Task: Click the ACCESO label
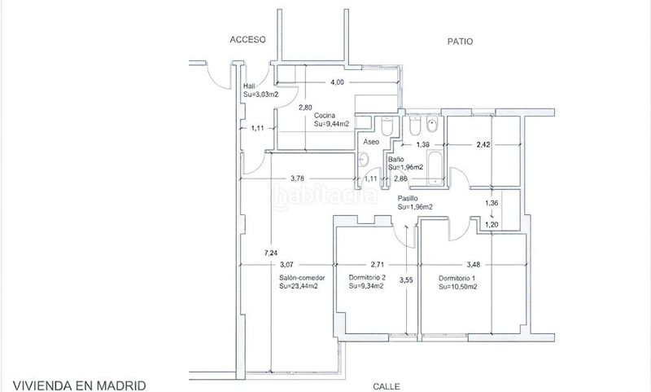(248, 39)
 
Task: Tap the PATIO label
(460, 42)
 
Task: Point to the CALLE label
(387, 386)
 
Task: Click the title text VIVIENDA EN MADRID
(79, 385)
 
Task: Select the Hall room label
(250, 86)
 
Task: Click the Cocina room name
(324, 116)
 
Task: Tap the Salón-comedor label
(302, 278)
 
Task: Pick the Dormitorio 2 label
(368, 277)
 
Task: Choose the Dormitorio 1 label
(457, 278)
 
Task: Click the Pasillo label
(408, 198)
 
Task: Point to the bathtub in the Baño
(435, 167)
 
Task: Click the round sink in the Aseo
(364, 159)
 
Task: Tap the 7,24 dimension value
(271, 253)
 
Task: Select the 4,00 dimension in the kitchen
(337, 82)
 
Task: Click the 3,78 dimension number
(297, 178)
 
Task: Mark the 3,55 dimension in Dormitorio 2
(406, 280)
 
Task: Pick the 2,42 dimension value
(483, 145)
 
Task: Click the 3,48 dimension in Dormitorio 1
(474, 264)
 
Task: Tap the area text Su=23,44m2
(299, 286)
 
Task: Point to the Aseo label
(371, 142)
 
